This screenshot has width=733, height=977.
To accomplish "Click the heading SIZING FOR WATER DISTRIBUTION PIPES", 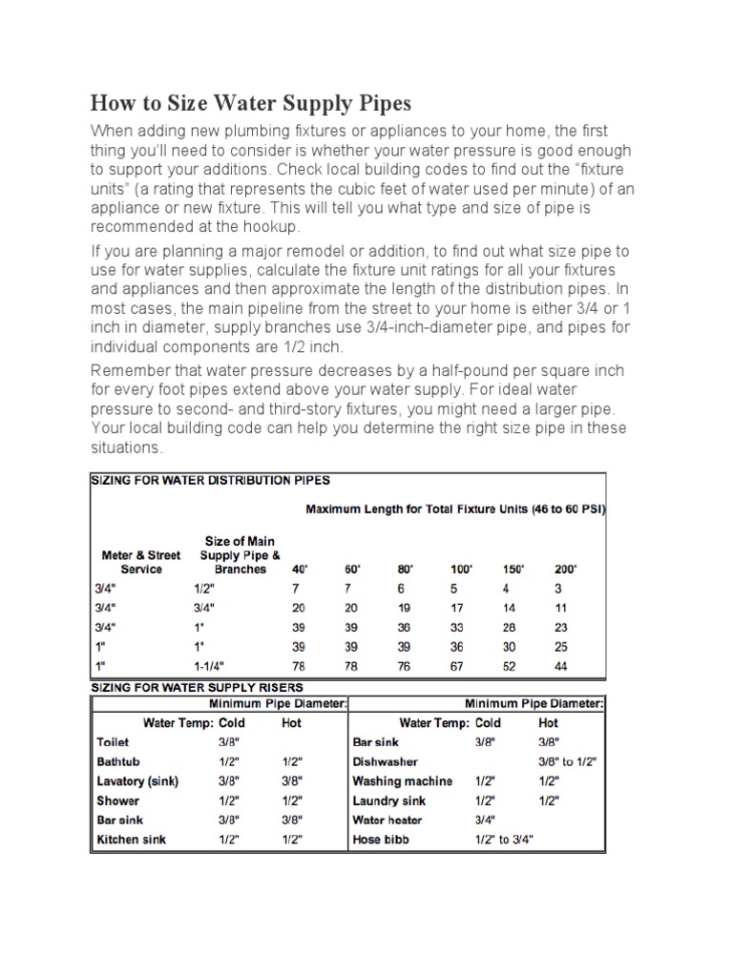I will [211, 480].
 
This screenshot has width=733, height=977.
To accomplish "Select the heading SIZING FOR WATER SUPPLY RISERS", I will [198, 686].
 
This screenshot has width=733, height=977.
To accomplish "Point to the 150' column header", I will [513, 569].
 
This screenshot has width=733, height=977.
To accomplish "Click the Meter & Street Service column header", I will [141, 561].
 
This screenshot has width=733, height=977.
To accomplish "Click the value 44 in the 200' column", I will [561, 665].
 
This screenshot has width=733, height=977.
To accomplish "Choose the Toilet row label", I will [113, 741].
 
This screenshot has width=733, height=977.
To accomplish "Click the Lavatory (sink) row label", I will [137, 781].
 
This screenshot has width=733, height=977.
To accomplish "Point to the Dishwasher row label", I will [385, 761].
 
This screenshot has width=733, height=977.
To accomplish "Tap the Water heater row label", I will [387, 821].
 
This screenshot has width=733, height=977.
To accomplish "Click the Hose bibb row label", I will [380, 841].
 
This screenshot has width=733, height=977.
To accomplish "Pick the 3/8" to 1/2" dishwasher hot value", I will [569, 761].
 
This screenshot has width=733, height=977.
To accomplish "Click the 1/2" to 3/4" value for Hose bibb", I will [504, 841].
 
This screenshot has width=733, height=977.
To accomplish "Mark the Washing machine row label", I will [402, 781].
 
